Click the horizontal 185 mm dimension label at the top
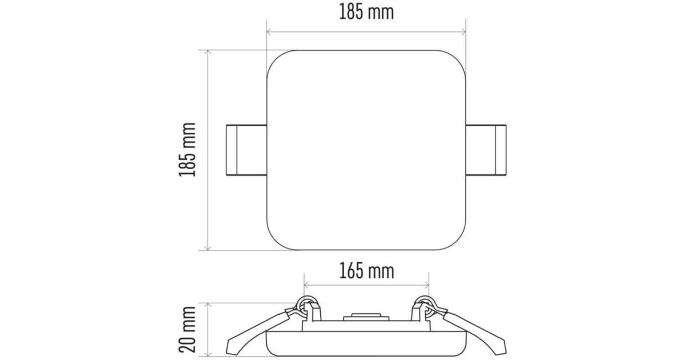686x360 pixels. (x=366, y=12)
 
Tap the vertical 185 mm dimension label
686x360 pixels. (x=187, y=150)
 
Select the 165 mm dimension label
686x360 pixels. (x=366, y=271)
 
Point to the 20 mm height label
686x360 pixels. (x=187, y=329)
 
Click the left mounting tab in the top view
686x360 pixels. (x=246, y=150)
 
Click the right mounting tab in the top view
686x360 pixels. (x=486, y=150)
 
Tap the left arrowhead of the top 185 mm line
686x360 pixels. (x=269, y=31)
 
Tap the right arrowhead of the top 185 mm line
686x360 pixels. (x=464, y=31)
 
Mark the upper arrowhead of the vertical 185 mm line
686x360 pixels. (x=208, y=53)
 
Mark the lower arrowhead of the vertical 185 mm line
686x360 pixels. (x=208, y=247)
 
